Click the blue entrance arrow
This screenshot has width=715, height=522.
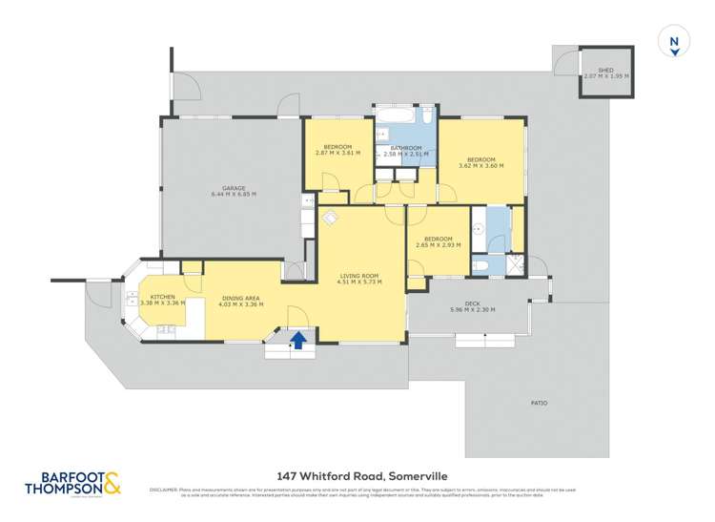click(x=298, y=339)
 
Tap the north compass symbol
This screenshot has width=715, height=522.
click(x=674, y=43)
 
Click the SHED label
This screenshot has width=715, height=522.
click(x=606, y=70)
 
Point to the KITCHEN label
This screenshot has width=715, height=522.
click(x=161, y=297)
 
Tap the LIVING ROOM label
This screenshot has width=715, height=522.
click(x=360, y=278)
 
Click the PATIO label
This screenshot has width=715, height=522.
click(x=539, y=402)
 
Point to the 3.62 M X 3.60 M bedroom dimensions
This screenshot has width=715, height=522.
click(x=480, y=166)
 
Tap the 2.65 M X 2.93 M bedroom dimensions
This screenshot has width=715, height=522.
click(x=438, y=245)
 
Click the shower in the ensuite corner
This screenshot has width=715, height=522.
click(x=516, y=264)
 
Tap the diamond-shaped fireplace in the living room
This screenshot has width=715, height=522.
click(x=328, y=218)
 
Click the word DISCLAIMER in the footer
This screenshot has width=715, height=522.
click(x=164, y=491)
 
